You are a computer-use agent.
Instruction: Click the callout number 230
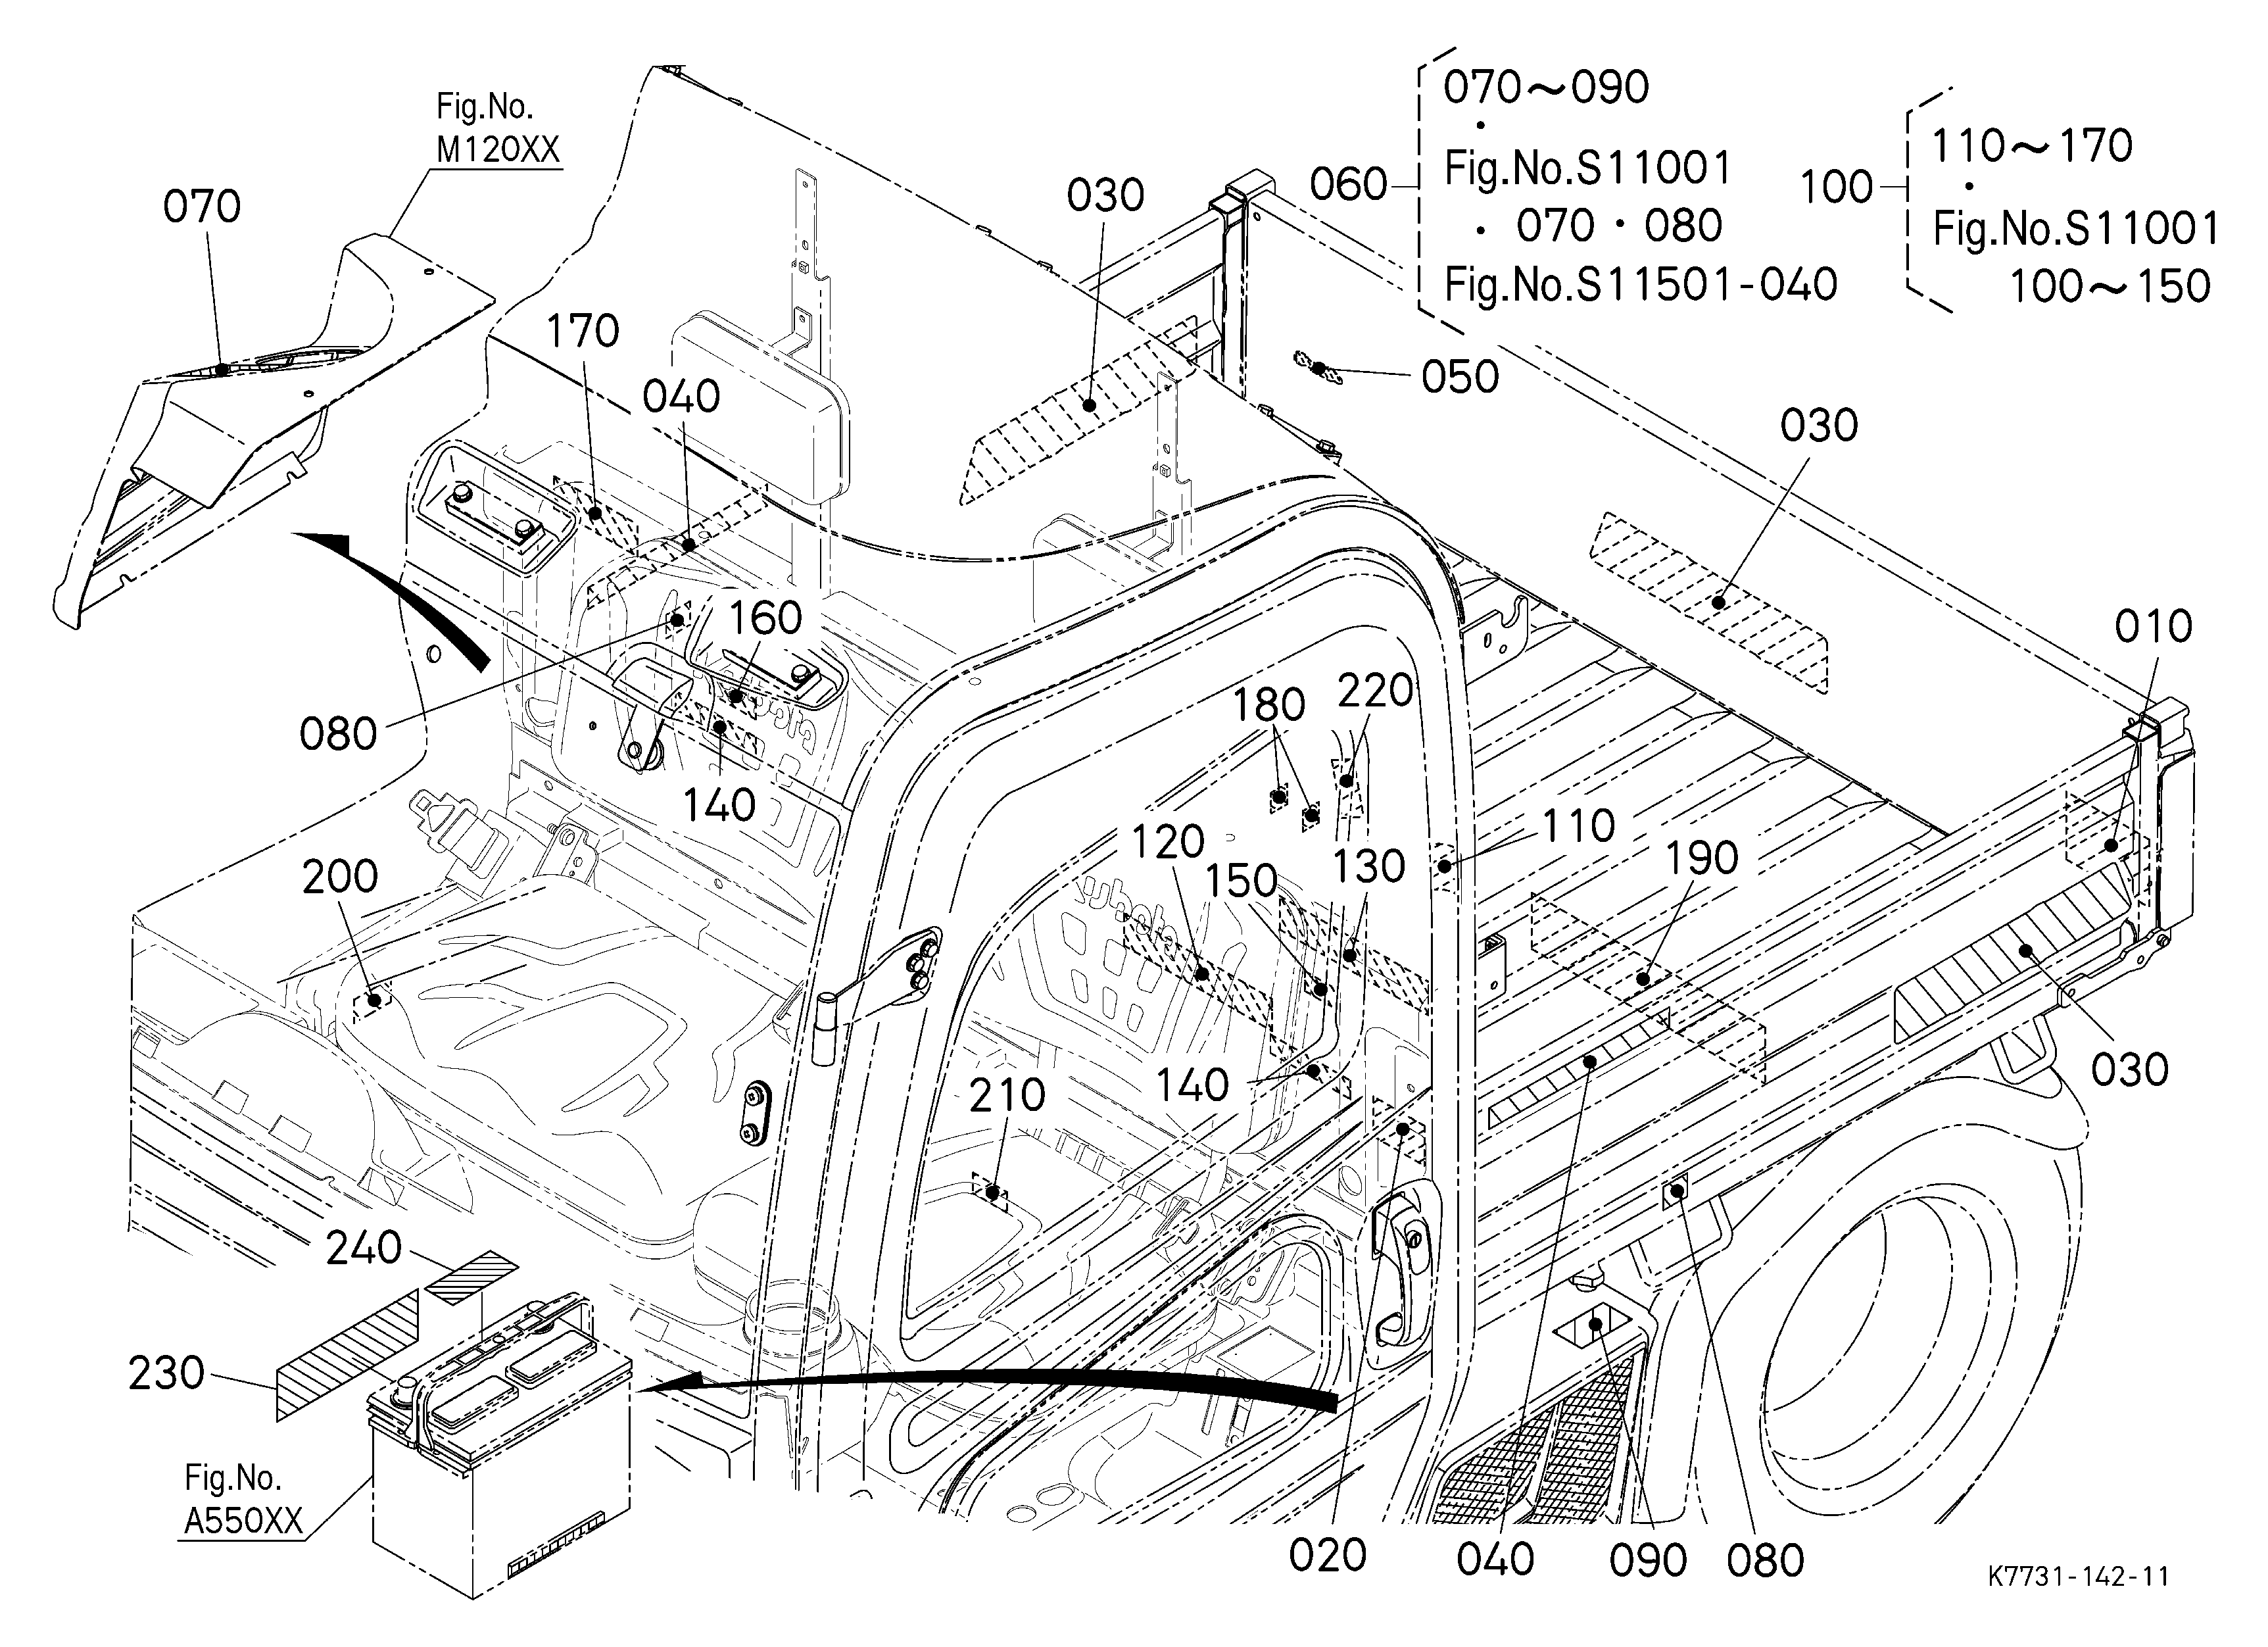pos(166,1373)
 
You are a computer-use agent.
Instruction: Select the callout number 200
pos(340,876)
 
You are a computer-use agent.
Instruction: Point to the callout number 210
pos(1007,1096)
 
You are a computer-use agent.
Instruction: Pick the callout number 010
pos(2153,627)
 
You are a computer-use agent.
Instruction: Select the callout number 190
pos(1702,858)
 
